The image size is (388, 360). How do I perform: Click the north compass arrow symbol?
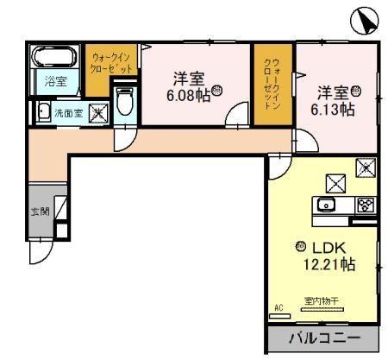363,21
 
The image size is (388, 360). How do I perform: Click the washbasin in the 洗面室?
40,111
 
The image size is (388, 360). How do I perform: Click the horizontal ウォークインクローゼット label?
112,62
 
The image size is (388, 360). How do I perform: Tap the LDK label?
329,246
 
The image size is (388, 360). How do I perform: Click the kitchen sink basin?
327,205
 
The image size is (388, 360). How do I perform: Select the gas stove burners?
364,205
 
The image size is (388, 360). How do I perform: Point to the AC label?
278,307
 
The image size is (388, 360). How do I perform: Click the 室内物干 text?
320,301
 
